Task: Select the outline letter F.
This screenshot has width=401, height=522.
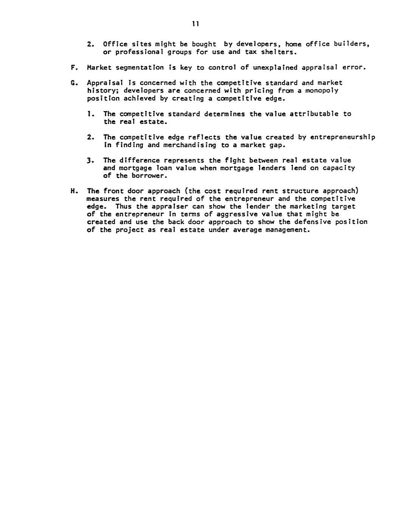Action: click(72, 68)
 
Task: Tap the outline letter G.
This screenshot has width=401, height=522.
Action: click(72, 82)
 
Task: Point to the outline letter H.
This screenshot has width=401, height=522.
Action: click(72, 191)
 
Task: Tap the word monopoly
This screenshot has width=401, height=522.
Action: click(322, 90)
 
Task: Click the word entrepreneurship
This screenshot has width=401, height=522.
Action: click(342, 137)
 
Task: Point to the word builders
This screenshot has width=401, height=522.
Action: click(351, 44)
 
